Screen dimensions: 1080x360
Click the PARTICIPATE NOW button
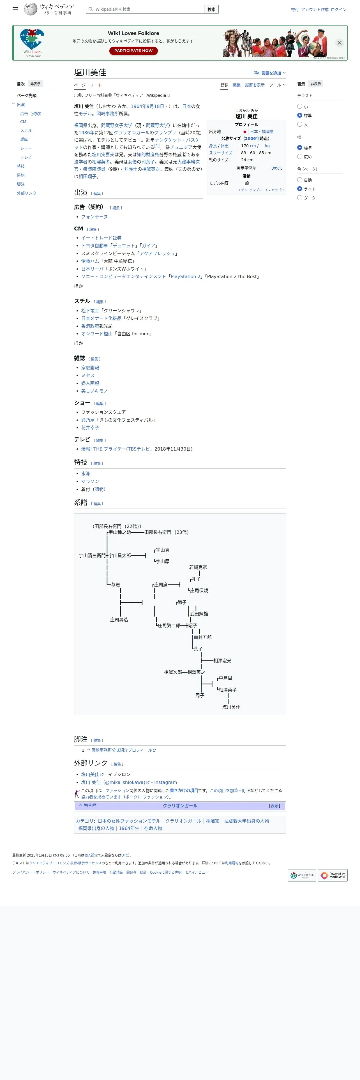133,51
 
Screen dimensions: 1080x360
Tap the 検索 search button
211,9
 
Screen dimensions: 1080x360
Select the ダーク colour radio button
300,198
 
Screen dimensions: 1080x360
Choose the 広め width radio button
300,157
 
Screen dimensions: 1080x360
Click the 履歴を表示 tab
254,85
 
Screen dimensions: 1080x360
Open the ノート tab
96,85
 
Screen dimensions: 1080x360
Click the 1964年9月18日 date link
147,107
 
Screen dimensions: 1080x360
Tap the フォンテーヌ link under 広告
94,217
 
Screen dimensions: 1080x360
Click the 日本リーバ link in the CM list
92,269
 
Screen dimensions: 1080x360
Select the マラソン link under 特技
90,481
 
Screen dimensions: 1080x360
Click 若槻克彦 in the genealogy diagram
198,567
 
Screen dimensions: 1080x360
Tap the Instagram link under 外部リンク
165,782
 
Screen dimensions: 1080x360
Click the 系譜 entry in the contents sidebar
20,175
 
